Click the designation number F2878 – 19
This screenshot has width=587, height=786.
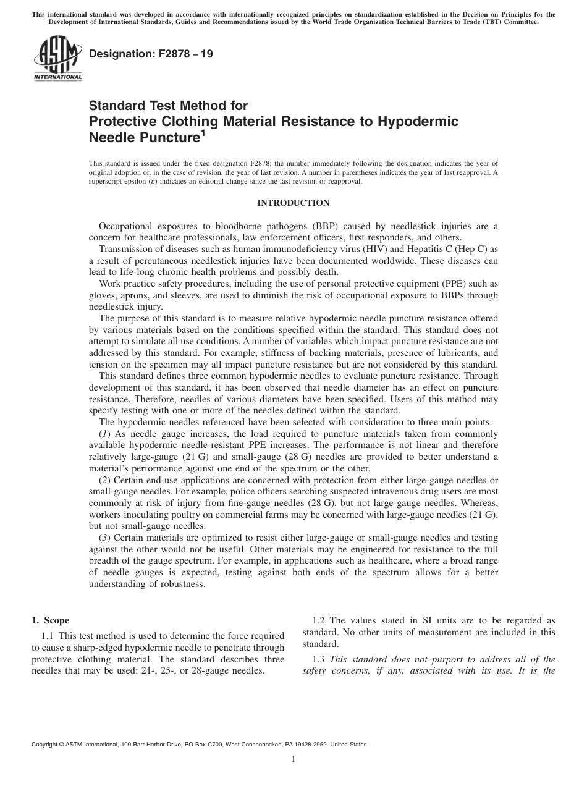(x=151, y=54)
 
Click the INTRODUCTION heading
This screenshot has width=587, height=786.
(x=293, y=203)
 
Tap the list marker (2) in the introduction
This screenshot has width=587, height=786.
(x=104, y=480)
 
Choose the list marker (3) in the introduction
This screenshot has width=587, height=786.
(x=104, y=538)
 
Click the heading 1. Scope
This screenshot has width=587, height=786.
(x=51, y=620)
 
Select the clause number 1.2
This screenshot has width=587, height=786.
(x=319, y=620)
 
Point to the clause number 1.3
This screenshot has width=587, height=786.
(x=319, y=659)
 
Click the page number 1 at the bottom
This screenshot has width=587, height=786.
(x=293, y=759)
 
